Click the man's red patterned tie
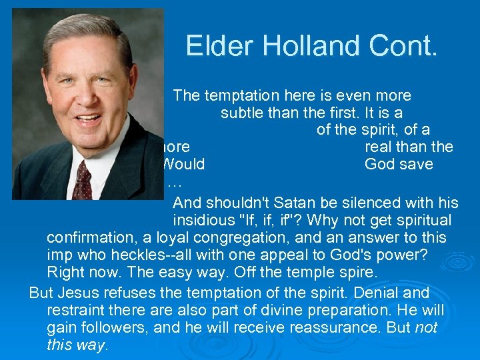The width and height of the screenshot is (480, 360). pyautogui.click(x=83, y=181)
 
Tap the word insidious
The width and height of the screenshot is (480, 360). pyautogui.click(x=203, y=220)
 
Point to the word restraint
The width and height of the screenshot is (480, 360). pyautogui.click(x=73, y=311)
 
